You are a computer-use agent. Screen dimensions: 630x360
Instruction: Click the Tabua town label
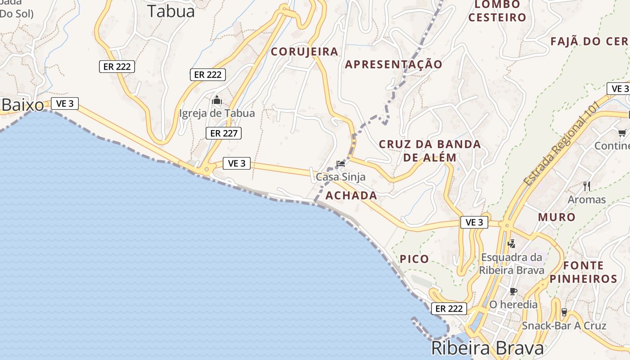click(171, 11)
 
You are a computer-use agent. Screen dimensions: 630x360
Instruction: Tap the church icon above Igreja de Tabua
click(217, 100)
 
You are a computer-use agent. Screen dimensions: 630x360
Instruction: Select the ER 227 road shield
click(224, 133)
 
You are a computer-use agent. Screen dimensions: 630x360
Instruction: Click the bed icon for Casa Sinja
click(341, 164)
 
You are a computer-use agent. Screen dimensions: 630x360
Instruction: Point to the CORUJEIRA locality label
click(304, 52)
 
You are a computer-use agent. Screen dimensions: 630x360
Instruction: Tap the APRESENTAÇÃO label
click(394, 64)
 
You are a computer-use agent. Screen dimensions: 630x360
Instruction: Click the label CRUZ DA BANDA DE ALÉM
click(430, 151)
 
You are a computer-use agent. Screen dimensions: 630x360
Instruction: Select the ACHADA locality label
click(351, 195)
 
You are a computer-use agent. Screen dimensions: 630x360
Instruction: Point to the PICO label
click(414, 259)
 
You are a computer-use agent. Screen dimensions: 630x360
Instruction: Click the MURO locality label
click(557, 217)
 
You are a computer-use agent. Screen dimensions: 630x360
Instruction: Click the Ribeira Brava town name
click(487, 348)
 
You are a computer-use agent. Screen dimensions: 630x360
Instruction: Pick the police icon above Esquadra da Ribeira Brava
click(511, 244)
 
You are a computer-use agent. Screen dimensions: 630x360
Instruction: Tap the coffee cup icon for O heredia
click(513, 291)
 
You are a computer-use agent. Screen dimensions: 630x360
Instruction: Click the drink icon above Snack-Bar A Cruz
click(564, 312)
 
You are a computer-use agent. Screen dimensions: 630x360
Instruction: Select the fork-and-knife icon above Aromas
click(587, 186)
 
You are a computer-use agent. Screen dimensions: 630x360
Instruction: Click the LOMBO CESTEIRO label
click(497, 11)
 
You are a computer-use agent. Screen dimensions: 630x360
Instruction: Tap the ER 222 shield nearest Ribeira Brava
click(449, 309)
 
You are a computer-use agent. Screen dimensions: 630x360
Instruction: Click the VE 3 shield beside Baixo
click(65, 103)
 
